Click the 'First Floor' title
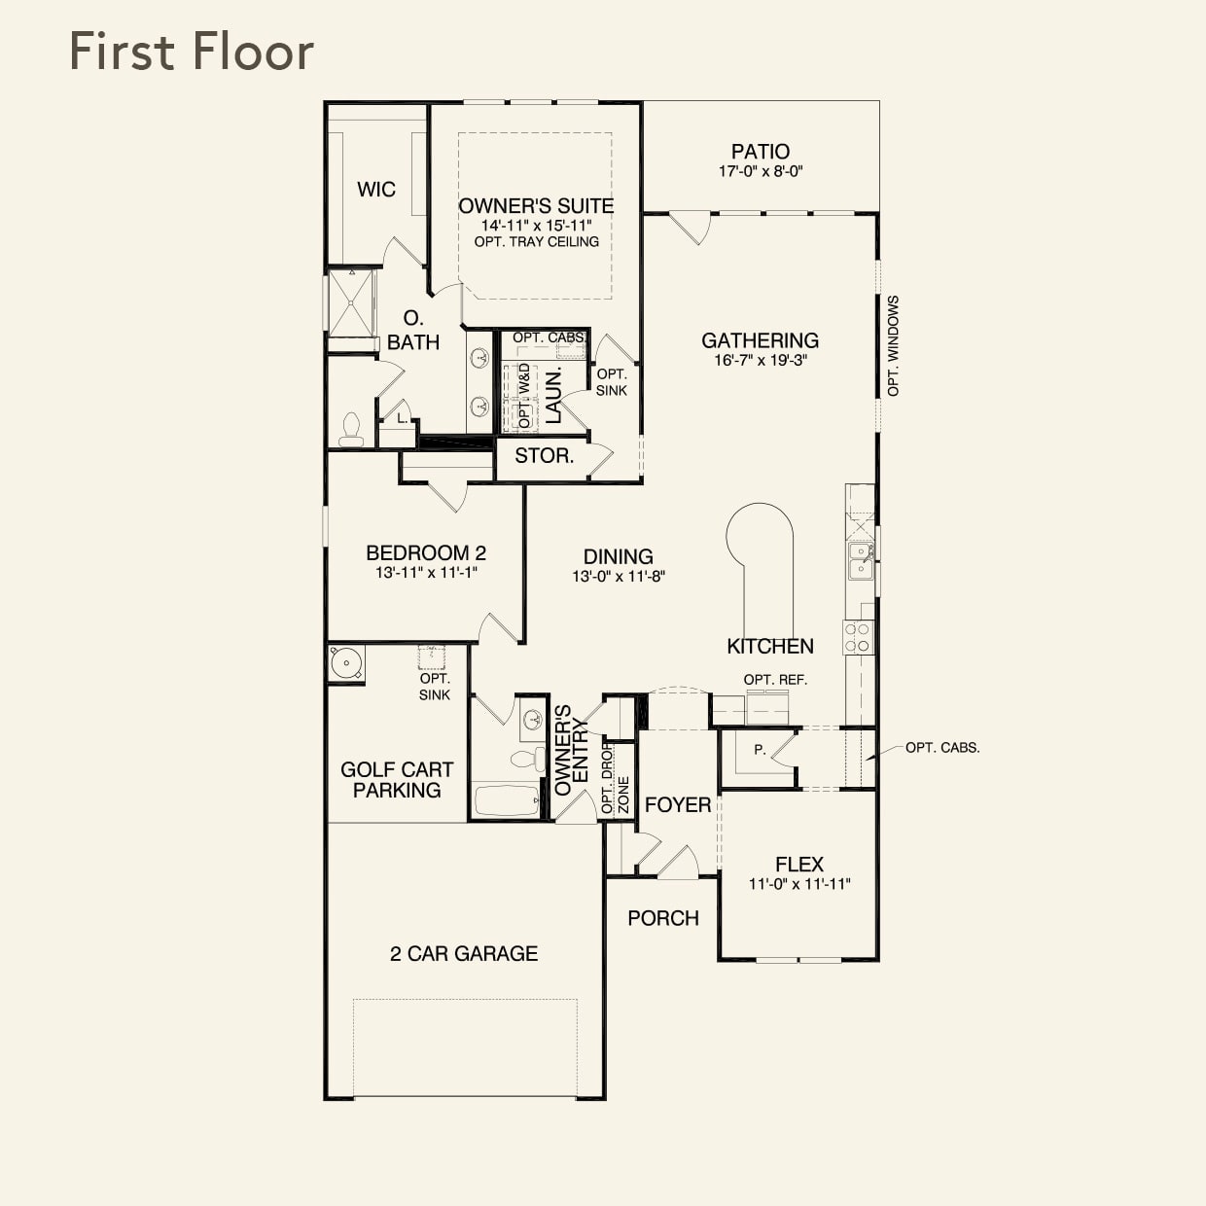coord(192,52)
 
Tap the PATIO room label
coord(760,152)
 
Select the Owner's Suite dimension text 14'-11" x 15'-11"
coord(536,225)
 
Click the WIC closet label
coord(376,190)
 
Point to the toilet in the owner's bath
coord(351,429)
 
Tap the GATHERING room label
coord(760,340)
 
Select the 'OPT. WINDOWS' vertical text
coord(893,346)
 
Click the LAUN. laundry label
coord(553,396)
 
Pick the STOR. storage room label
coord(544,455)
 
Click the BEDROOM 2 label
coord(426,552)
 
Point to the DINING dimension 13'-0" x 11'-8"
coord(619,576)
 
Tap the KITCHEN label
coord(770,646)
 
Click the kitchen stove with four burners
coord(858,637)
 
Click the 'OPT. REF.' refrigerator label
coord(775,680)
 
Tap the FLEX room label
coord(799,864)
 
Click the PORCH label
coord(663,918)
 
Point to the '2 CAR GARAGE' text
coord(464,953)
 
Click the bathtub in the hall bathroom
coord(506,802)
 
